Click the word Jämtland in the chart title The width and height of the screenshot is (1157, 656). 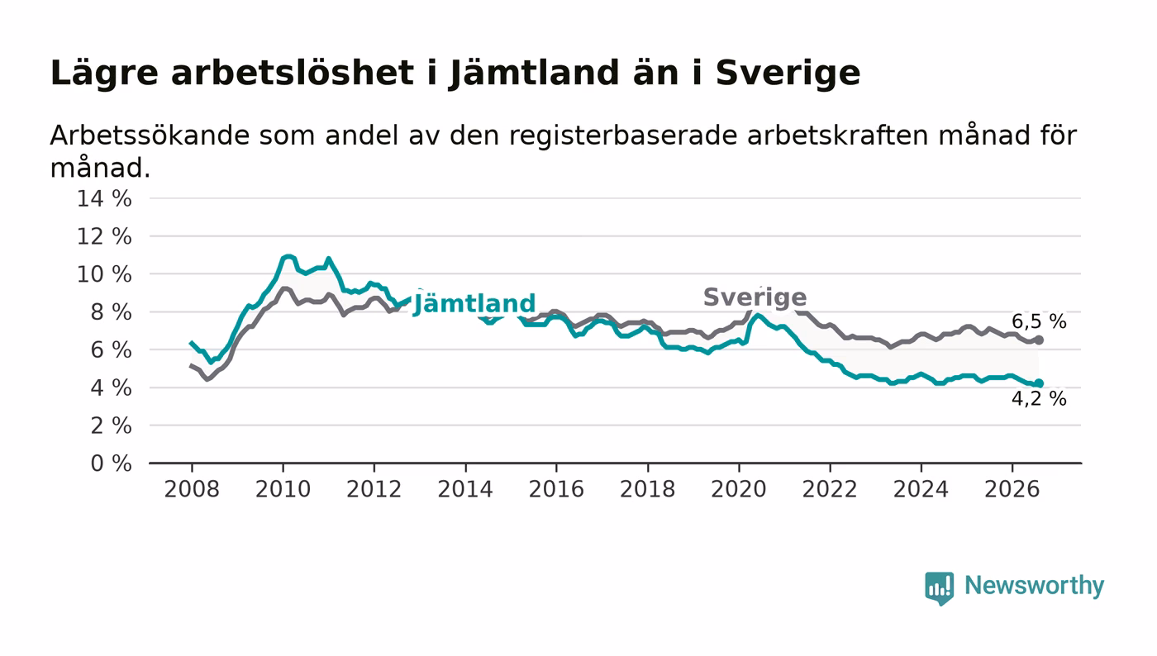534,74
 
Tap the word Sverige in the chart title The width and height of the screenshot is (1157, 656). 788,74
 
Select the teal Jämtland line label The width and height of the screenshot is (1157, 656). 474,303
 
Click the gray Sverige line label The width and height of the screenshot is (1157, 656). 755,297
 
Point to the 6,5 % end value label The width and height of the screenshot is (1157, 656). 1039,321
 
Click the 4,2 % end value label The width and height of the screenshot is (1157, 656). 1039,399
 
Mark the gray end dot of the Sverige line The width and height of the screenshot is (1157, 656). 1039,340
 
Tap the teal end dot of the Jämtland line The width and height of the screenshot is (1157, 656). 1039,383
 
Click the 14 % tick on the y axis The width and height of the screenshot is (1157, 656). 104,198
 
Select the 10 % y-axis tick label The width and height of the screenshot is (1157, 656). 104,274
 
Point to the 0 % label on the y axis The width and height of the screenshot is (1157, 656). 111,463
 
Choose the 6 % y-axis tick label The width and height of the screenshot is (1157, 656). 111,349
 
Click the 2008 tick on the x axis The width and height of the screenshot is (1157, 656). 192,489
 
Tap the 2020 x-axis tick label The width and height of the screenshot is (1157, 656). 739,489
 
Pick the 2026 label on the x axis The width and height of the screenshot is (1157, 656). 1012,489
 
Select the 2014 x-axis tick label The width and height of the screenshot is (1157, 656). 465,489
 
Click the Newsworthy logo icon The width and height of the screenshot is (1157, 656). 939,588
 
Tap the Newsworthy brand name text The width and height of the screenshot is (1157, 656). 1035,586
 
